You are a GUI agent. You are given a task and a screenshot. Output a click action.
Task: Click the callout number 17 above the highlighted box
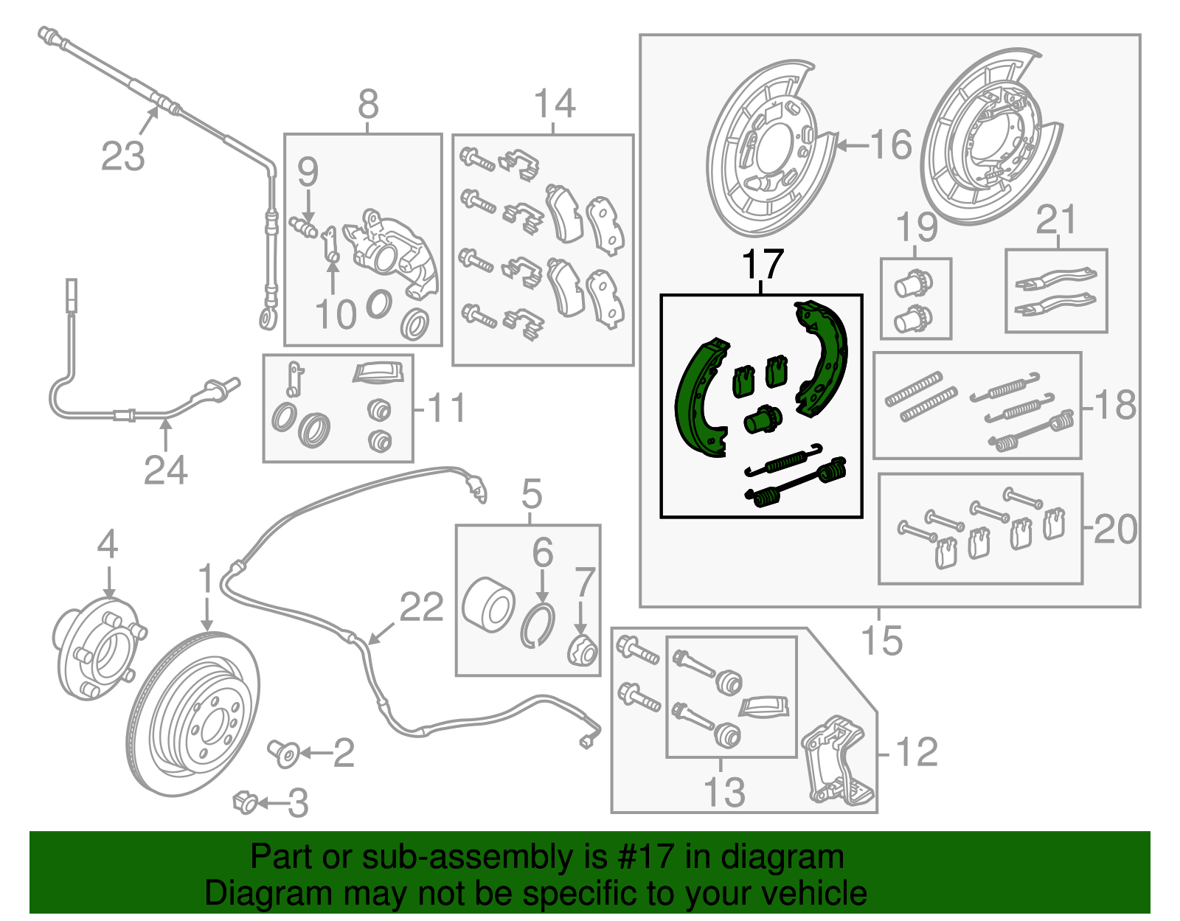click(x=762, y=264)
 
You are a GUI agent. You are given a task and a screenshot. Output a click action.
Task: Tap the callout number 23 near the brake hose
click(x=122, y=156)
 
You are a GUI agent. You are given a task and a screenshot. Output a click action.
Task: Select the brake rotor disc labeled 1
click(x=193, y=714)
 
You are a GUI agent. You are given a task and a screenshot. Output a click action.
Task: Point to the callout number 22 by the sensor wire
click(x=421, y=608)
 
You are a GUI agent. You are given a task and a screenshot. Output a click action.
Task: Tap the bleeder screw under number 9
click(x=303, y=226)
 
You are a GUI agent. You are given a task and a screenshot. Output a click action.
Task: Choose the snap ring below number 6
click(x=538, y=625)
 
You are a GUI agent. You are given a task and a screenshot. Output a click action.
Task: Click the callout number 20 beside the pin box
click(x=1115, y=529)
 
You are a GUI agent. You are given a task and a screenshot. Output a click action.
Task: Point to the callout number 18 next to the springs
click(x=1115, y=405)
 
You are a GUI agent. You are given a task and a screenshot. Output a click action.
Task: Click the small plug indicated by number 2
click(x=285, y=753)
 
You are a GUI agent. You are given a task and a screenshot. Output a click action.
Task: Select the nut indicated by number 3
click(x=246, y=802)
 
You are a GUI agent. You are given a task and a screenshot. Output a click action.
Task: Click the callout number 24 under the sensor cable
click(x=165, y=469)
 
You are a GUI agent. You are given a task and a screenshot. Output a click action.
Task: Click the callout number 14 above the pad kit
click(x=555, y=104)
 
